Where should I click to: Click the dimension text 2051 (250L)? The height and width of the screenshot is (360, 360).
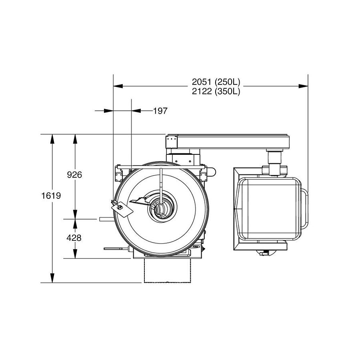pos(216,82)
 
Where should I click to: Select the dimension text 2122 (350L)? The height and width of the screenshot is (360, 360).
pos(216,91)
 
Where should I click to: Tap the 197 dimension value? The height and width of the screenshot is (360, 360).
pos(160,111)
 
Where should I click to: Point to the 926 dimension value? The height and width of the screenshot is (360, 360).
pos(74,175)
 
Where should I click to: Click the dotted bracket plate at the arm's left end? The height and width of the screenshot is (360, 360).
pos(171,142)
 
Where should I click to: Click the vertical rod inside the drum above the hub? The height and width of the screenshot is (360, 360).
pos(160,184)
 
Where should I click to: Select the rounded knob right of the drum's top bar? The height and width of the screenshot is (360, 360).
pos(212,172)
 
